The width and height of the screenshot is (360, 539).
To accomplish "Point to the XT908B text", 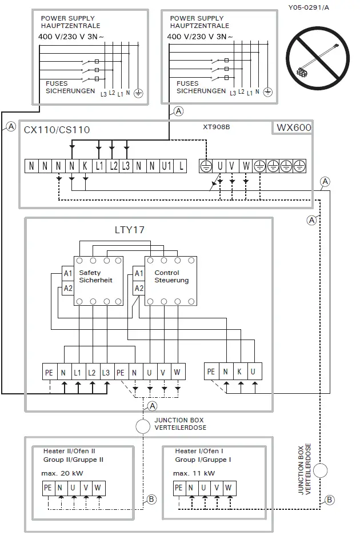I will click(216, 127).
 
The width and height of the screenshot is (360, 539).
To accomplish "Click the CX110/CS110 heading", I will click(57, 130).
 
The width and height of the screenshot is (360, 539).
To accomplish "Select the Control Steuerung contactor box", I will click(170, 280).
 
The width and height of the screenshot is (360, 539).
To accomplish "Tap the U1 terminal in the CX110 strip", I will click(166, 166).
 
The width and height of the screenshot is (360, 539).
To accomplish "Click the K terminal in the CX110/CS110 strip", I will click(85, 166).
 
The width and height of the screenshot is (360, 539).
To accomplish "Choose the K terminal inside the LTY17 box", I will click(239, 372).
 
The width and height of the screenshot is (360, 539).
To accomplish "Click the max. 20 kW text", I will click(63, 473).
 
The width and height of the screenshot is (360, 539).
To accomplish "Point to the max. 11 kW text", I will click(194, 473).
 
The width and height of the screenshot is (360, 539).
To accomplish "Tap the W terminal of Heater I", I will click(228, 488).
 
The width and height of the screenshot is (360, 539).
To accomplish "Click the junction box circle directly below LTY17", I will click(143, 426).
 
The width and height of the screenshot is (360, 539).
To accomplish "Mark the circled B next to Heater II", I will click(151, 499).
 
